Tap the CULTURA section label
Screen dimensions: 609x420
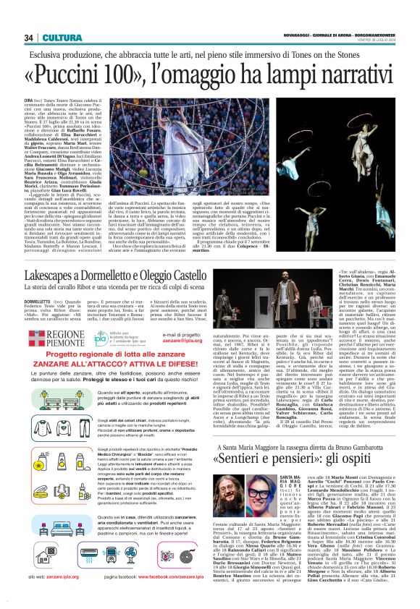click(56, 38)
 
